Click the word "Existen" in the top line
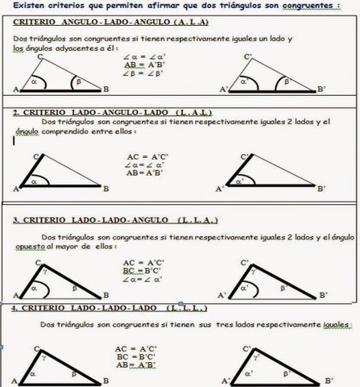[25, 6]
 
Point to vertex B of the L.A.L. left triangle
[106, 189]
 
